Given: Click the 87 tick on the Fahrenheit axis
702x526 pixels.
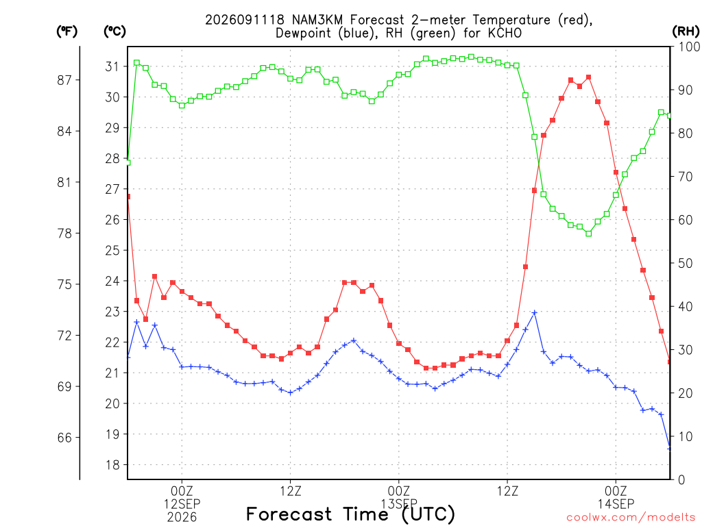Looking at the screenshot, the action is [64, 80].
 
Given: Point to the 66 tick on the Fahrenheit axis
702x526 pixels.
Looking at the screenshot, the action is [64, 438].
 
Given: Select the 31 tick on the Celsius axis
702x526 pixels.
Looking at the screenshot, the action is [112, 66].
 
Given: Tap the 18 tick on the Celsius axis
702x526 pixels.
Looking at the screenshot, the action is [112, 465].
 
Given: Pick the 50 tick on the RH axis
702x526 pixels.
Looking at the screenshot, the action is [686, 263].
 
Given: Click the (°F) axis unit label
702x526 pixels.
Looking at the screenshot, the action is [66, 32].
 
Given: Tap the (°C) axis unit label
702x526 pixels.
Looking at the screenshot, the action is [114, 32].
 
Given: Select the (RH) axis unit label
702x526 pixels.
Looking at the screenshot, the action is [686, 32].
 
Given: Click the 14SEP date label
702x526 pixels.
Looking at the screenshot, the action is [616, 504].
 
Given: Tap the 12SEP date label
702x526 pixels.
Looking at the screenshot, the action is [182, 504].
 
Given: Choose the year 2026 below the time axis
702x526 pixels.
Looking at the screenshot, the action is [182, 518].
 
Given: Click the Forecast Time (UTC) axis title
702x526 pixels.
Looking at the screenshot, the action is [350, 514].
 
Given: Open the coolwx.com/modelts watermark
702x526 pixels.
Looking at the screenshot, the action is [631, 518].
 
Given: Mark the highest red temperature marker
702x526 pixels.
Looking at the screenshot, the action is [589, 77].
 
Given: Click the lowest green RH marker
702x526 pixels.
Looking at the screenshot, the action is [589, 234].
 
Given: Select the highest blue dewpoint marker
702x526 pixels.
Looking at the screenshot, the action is [534, 312].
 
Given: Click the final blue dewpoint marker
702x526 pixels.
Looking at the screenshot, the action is [669, 448].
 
